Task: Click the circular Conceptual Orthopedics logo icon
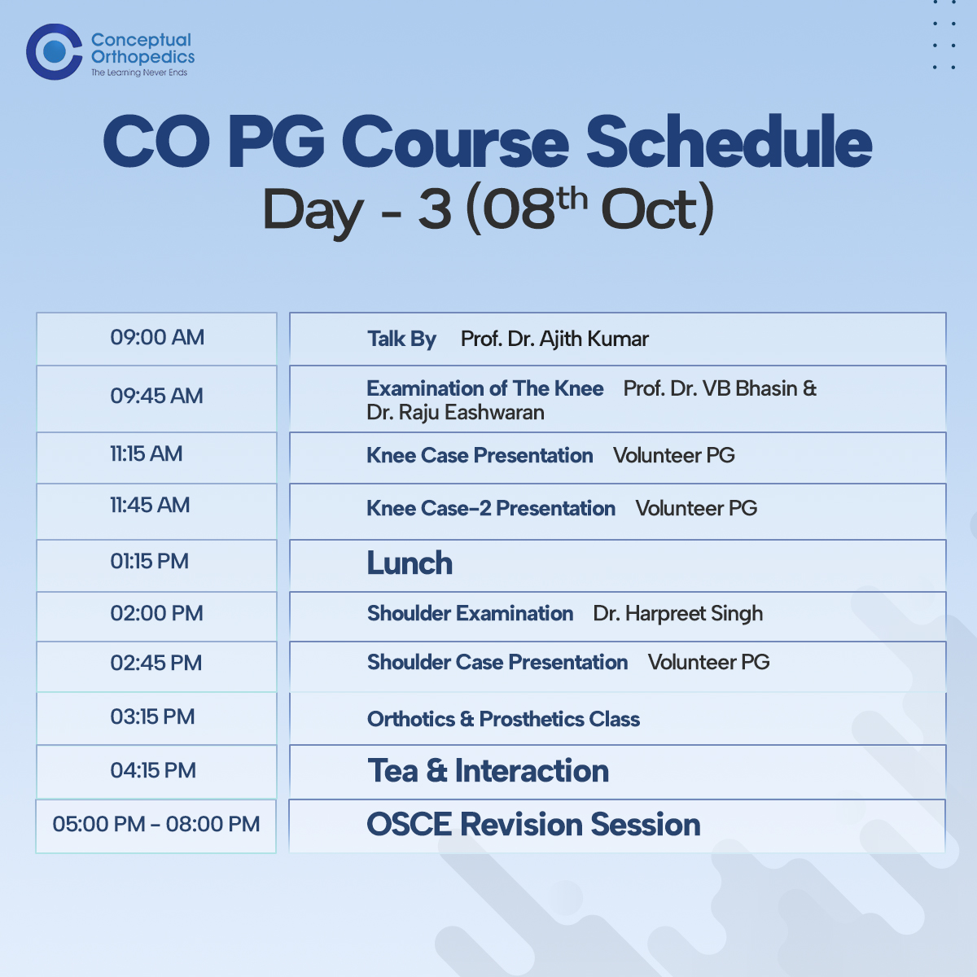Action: coord(55,52)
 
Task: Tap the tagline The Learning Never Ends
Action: coord(139,72)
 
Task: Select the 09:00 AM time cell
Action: coord(156,339)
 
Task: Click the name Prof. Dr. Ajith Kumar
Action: coord(554,340)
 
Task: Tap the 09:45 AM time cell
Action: coord(156,398)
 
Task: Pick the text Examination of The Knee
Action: coord(485,388)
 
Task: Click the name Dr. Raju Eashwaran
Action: coord(455,412)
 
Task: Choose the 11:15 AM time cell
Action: coord(156,458)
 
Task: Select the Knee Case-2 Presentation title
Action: coord(491,508)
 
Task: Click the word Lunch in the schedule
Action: coord(410,563)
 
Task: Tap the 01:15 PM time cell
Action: coord(156,565)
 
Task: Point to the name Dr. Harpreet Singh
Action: coord(678,614)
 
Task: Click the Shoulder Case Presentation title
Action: coord(497,662)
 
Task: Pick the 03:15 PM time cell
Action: coord(156,718)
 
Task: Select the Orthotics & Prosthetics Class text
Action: coord(503,719)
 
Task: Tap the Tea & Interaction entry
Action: coord(488,771)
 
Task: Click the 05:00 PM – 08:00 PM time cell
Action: coord(156,826)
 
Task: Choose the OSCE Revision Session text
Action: coord(533,824)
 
